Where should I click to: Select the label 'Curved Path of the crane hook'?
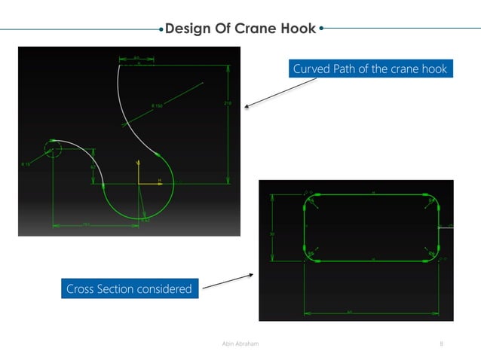pos(369,69)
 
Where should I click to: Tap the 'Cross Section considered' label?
pos(129,288)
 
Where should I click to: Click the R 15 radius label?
pos(25,163)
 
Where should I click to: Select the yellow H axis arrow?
pos(158,182)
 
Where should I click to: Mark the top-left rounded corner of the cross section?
pos(309,200)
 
